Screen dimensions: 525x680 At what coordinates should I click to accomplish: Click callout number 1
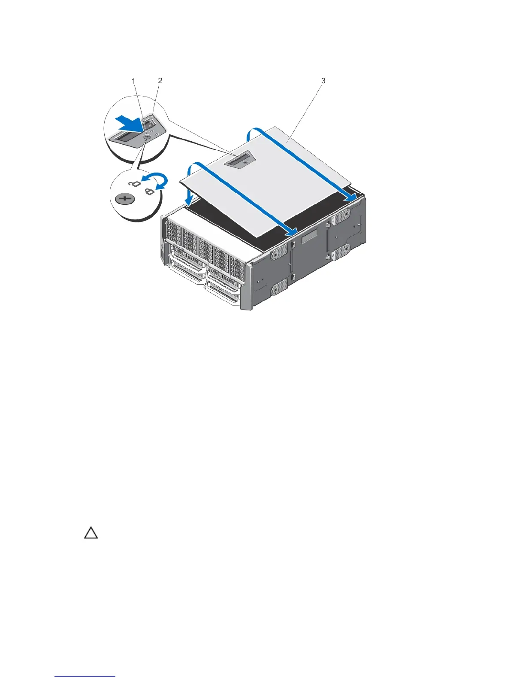tap(134, 81)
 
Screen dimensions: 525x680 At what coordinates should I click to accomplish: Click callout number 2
tap(160, 80)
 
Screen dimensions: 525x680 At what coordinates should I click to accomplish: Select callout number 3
tap(323, 80)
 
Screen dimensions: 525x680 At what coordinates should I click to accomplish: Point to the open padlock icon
tap(135, 184)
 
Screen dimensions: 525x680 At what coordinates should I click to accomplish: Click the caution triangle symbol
tap(91, 534)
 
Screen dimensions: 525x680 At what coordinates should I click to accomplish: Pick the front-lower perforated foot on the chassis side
tap(279, 287)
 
